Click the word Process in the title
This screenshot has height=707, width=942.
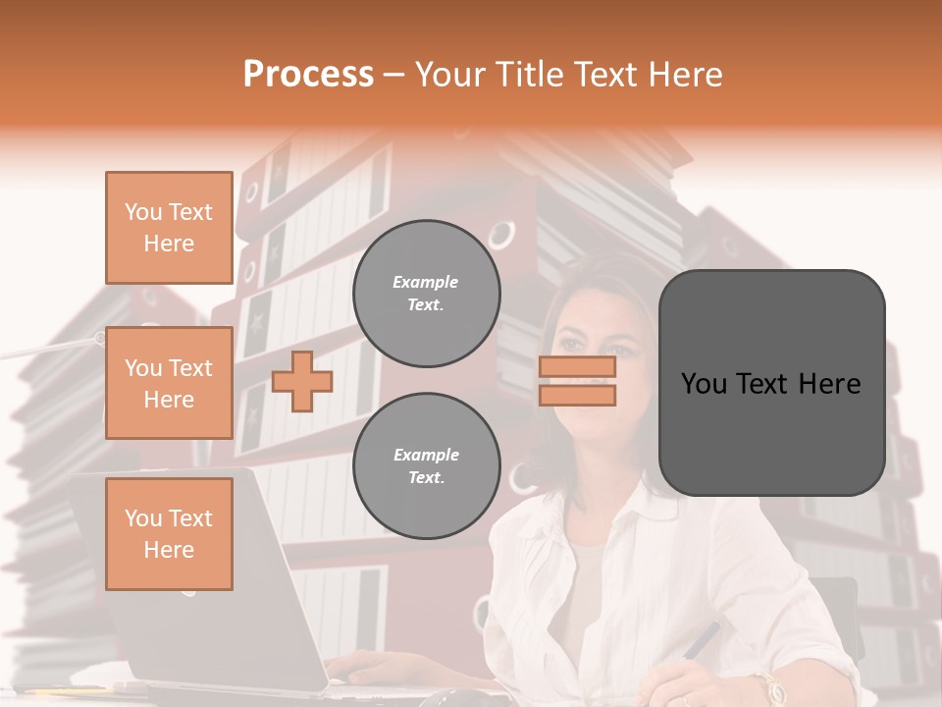point(308,75)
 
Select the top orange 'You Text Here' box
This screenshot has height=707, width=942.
point(169,228)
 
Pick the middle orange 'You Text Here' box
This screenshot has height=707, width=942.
point(169,383)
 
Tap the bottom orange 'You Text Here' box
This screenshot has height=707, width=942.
point(169,533)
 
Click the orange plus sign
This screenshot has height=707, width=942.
point(302,381)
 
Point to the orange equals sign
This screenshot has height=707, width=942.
point(577,381)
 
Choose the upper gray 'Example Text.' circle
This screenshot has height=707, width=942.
point(426,294)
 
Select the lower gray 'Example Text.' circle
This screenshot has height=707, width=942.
point(426,466)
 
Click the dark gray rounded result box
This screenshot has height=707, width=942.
point(771,383)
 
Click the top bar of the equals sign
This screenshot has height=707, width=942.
point(577,367)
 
